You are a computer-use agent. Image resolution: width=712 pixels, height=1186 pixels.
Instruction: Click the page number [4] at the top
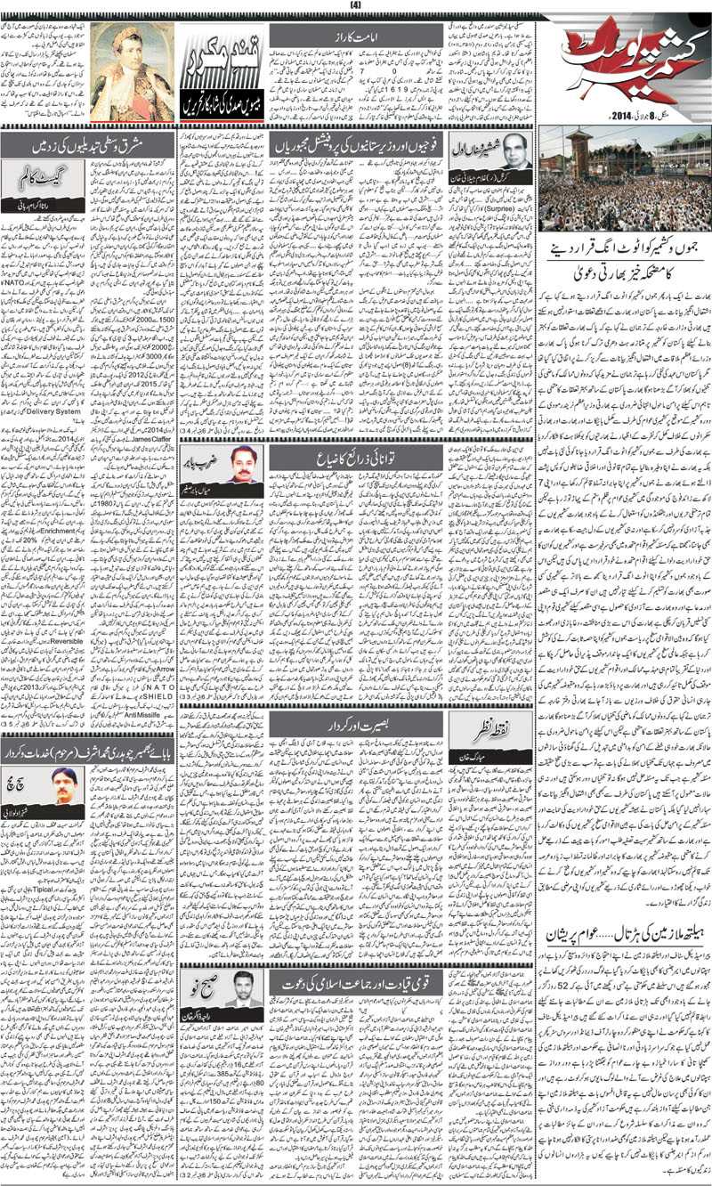tap(357, 6)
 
